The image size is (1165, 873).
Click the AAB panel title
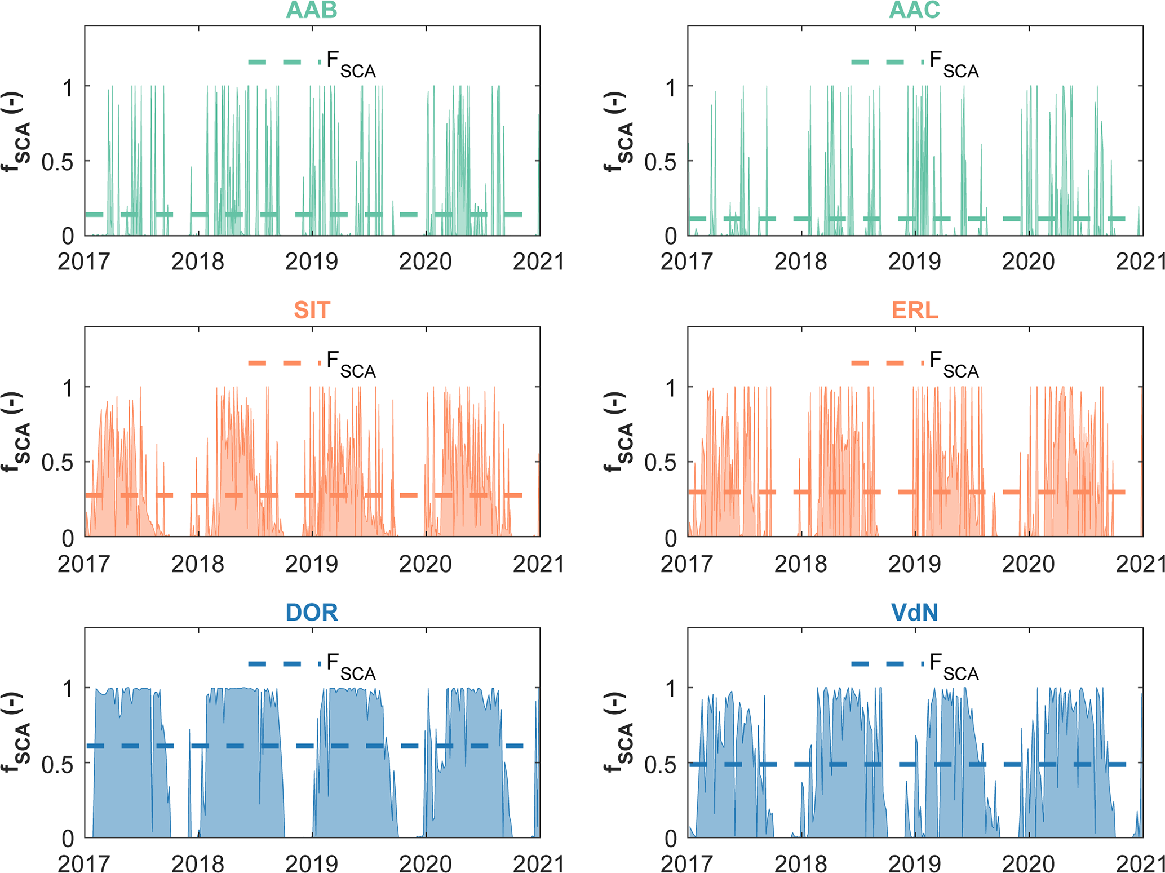click(x=311, y=10)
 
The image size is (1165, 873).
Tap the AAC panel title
click(x=914, y=10)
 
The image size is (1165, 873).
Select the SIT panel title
click(x=311, y=311)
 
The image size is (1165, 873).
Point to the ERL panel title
click(x=914, y=311)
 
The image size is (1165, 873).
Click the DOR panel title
click(x=311, y=613)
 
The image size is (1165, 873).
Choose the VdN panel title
click(x=914, y=613)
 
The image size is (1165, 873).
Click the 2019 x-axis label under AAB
click(x=312, y=262)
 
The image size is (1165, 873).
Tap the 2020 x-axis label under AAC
click(x=1028, y=262)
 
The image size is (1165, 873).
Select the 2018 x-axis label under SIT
click(x=198, y=564)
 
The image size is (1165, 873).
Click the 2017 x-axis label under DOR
click(x=84, y=864)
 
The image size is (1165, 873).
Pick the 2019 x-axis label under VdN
click(x=914, y=864)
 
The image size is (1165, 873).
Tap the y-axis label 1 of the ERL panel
click(x=670, y=388)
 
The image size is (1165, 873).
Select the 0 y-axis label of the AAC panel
click(x=670, y=237)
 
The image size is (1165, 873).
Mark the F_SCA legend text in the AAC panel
click(x=954, y=64)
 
